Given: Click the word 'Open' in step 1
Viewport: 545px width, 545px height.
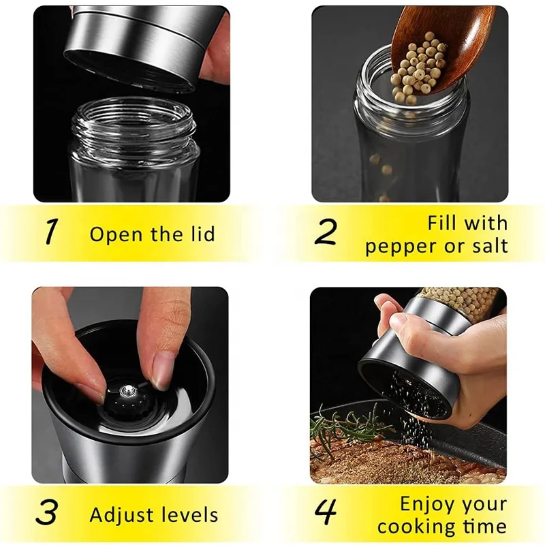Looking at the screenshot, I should tap(117, 235).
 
